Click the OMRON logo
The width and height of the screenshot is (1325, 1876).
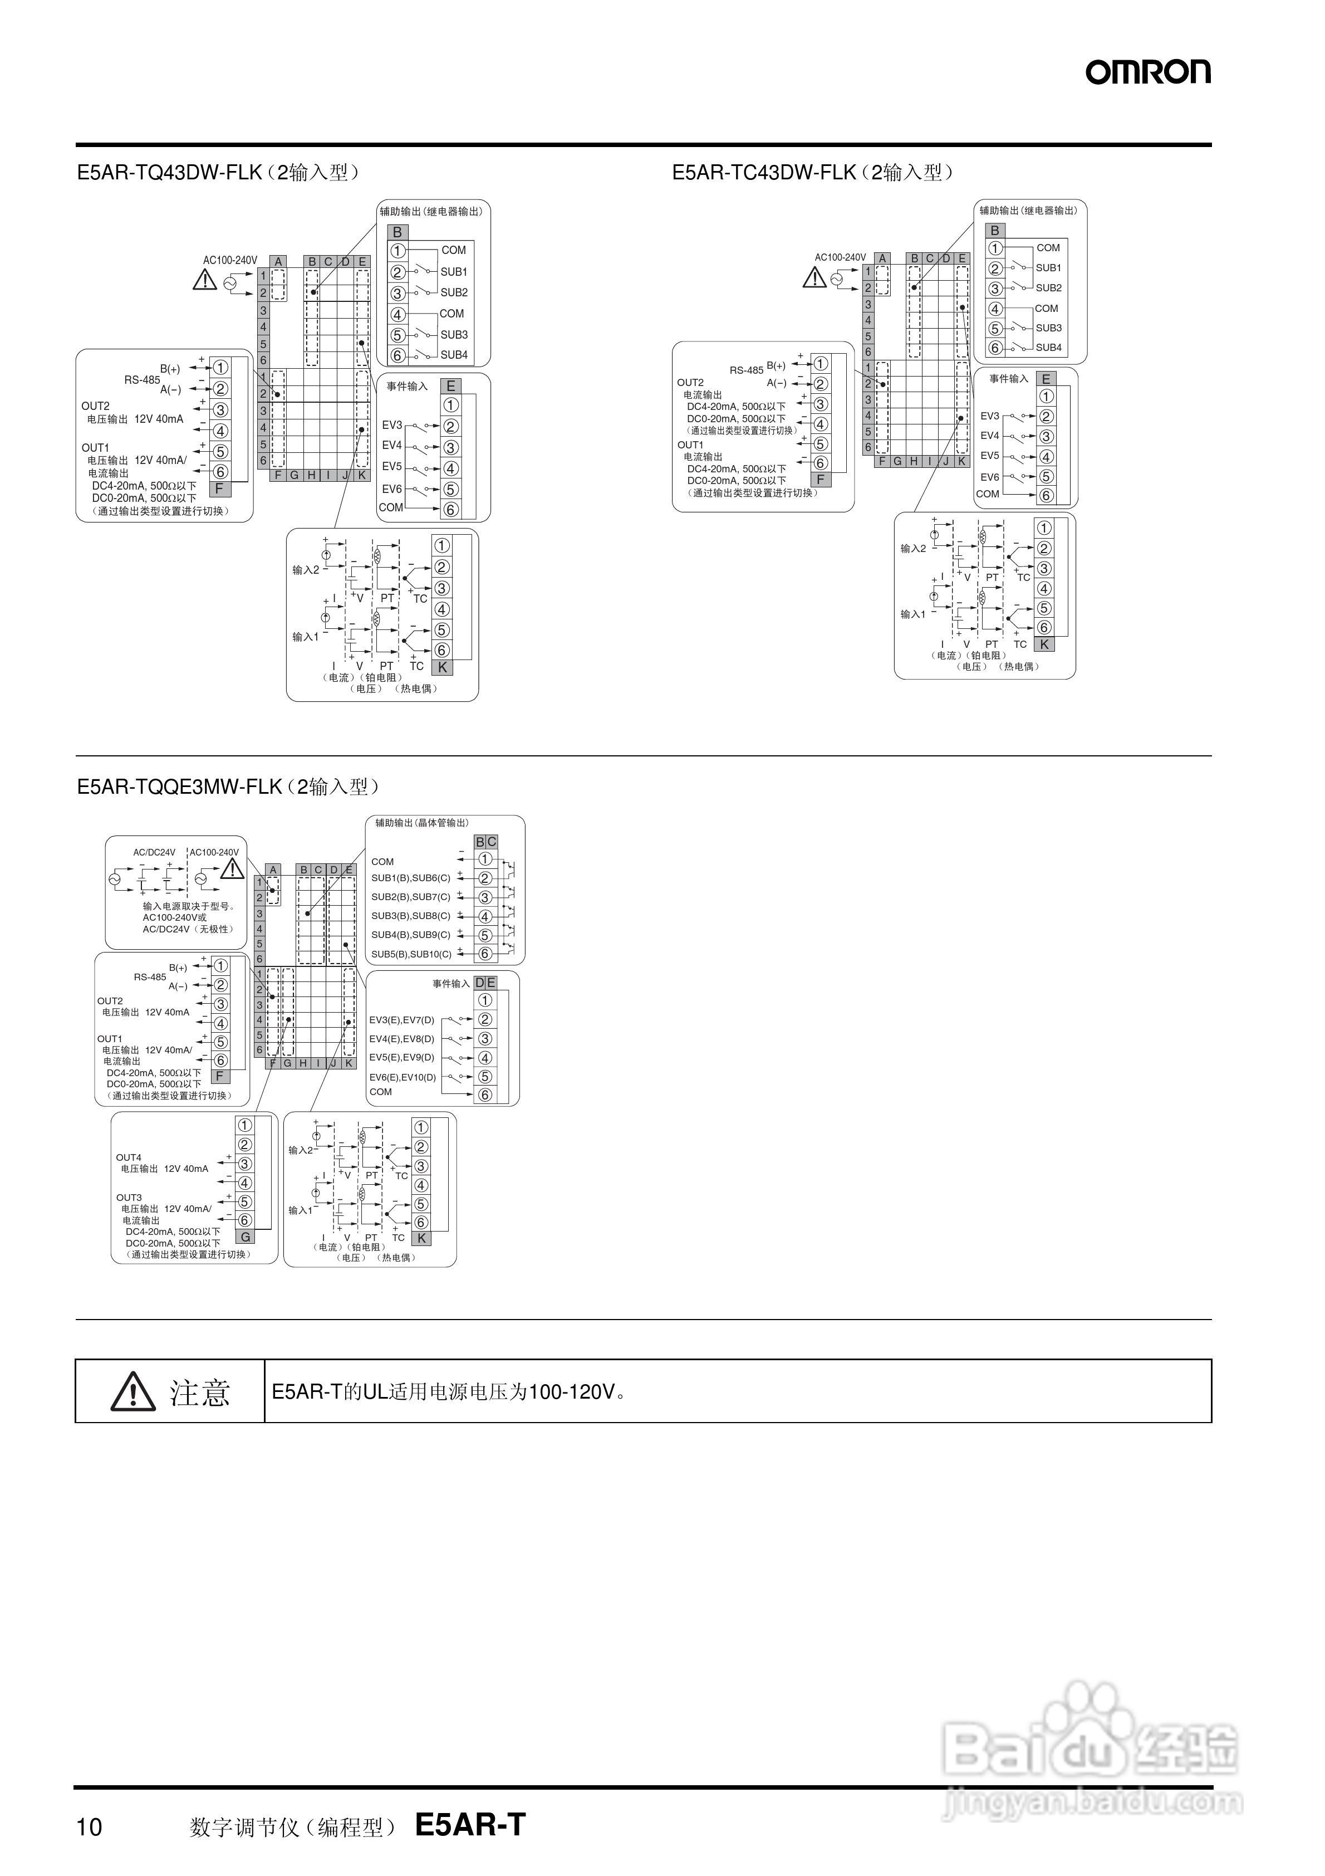pos(1148,72)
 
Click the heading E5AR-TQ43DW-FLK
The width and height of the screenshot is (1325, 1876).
pos(170,173)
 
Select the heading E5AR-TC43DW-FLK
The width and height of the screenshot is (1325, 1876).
pos(764,173)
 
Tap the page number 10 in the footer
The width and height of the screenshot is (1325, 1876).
pos(89,1827)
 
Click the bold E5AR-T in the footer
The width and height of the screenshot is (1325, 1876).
pos(470,1825)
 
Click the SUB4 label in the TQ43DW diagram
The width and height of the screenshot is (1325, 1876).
pos(454,355)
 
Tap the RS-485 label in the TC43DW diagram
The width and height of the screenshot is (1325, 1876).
pos(746,370)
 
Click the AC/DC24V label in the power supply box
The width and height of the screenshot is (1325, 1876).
pos(154,852)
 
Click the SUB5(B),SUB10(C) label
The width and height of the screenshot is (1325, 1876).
pos(411,954)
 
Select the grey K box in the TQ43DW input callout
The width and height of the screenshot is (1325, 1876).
pos(443,667)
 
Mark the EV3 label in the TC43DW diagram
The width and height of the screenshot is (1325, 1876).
pos(989,416)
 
